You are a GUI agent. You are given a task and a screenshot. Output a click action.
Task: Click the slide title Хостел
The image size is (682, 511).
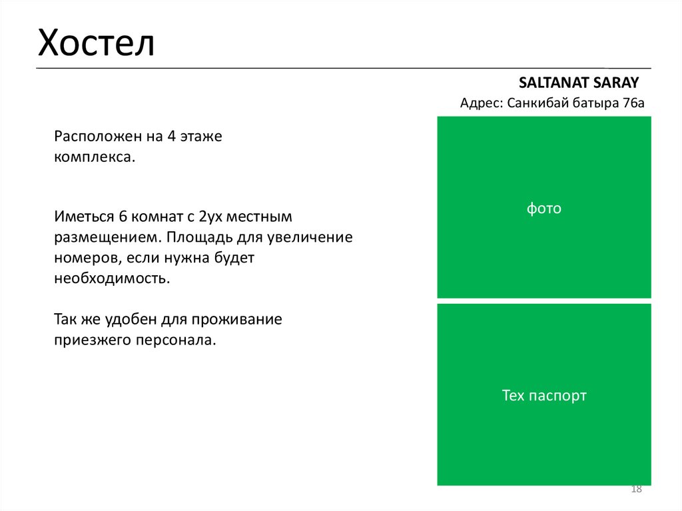(96, 43)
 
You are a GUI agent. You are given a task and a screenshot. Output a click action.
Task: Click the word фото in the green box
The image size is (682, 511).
(544, 209)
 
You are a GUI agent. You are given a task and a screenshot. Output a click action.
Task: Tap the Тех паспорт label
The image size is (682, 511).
(544, 396)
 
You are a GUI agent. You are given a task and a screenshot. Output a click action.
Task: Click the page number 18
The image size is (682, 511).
(636, 490)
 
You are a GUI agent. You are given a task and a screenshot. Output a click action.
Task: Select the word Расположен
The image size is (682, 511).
(93, 137)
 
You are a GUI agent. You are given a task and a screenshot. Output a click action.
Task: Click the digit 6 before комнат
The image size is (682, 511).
(123, 217)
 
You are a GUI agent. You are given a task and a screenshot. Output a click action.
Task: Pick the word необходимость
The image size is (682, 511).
(112, 278)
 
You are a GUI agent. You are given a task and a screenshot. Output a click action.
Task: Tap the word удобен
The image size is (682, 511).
(131, 319)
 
